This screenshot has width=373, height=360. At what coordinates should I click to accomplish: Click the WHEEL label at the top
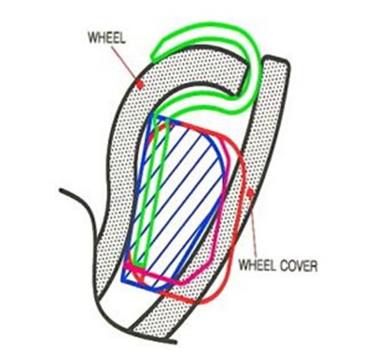pyautogui.click(x=107, y=38)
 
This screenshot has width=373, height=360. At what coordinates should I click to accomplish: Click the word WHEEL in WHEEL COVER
pyautogui.click(x=257, y=265)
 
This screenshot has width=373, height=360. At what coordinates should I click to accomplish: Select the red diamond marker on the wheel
pyautogui.click(x=140, y=84)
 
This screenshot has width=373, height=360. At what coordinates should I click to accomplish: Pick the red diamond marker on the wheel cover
pyautogui.click(x=250, y=193)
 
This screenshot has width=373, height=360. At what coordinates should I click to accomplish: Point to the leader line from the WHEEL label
pyautogui.click(x=125, y=63)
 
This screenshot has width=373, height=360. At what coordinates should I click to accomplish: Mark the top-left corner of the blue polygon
pyautogui.click(x=151, y=117)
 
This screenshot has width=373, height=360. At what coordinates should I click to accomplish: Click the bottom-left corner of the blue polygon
pyautogui.click(x=123, y=281)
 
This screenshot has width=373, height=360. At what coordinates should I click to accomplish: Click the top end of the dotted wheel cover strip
pyautogui.click(x=276, y=59)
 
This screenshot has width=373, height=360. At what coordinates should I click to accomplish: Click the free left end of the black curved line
pyautogui.click(x=61, y=190)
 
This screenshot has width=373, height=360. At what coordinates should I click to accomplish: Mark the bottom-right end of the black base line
pyautogui.click(x=175, y=343)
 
